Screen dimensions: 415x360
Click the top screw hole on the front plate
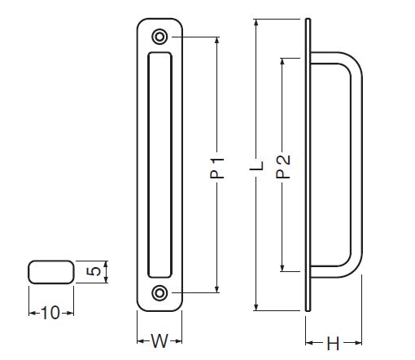click(x=159, y=37)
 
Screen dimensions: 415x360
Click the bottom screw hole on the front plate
click(x=159, y=293)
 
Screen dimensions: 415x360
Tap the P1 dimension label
click(x=217, y=168)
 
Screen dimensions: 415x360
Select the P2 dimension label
click(x=283, y=166)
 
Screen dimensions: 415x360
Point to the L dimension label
click(x=256, y=166)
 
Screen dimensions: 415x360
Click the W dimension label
click(x=159, y=341)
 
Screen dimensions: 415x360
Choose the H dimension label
click(x=333, y=344)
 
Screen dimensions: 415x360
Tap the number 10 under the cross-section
click(x=50, y=313)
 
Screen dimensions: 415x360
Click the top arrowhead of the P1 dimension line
click(x=216, y=40)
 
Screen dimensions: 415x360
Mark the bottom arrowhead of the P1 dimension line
click(x=216, y=289)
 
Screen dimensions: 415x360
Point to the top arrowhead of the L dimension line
click(x=256, y=23)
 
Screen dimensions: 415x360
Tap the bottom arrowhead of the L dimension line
click(x=256, y=307)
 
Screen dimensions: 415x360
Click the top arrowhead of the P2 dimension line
click(x=282, y=62)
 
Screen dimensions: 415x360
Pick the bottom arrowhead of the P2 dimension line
click(x=282, y=268)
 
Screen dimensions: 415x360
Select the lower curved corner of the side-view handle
click(x=352, y=268)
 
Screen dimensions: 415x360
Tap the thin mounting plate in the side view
click(x=308, y=165)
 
